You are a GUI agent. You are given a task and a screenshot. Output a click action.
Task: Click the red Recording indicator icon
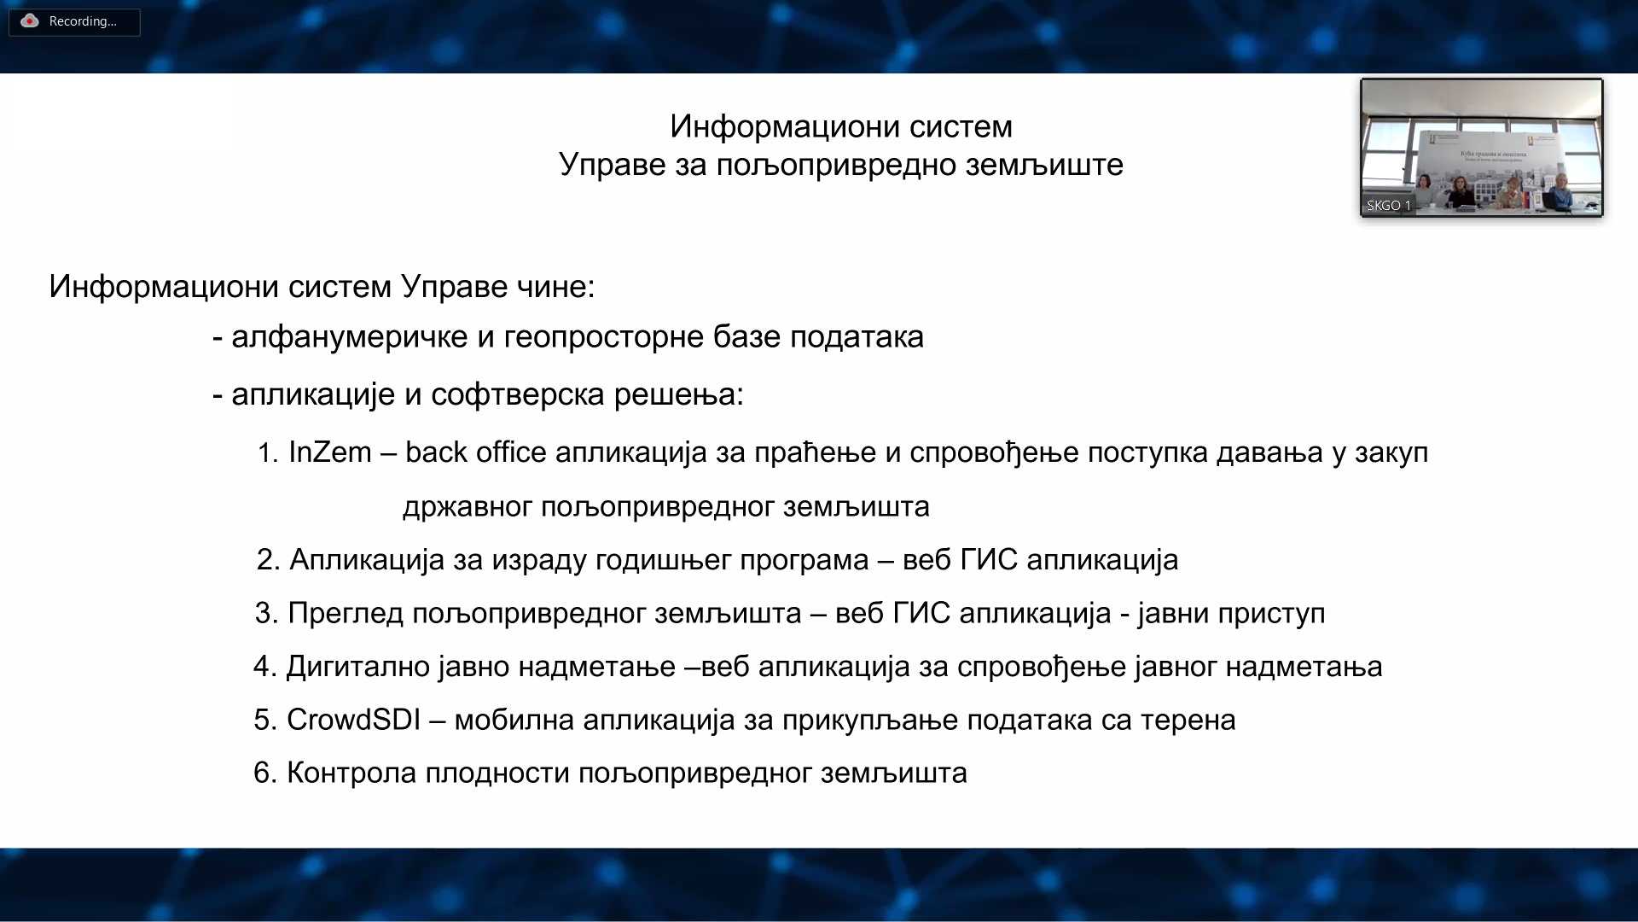(30, 21)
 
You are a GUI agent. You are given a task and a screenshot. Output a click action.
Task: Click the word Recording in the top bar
(83, 21)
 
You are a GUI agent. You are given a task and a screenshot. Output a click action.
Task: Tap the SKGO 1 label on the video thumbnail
(1389, 206)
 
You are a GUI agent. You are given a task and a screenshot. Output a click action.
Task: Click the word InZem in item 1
(330, 452)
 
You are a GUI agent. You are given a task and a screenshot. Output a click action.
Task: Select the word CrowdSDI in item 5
(353, 720)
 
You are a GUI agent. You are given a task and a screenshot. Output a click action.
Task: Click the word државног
(468, 506)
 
